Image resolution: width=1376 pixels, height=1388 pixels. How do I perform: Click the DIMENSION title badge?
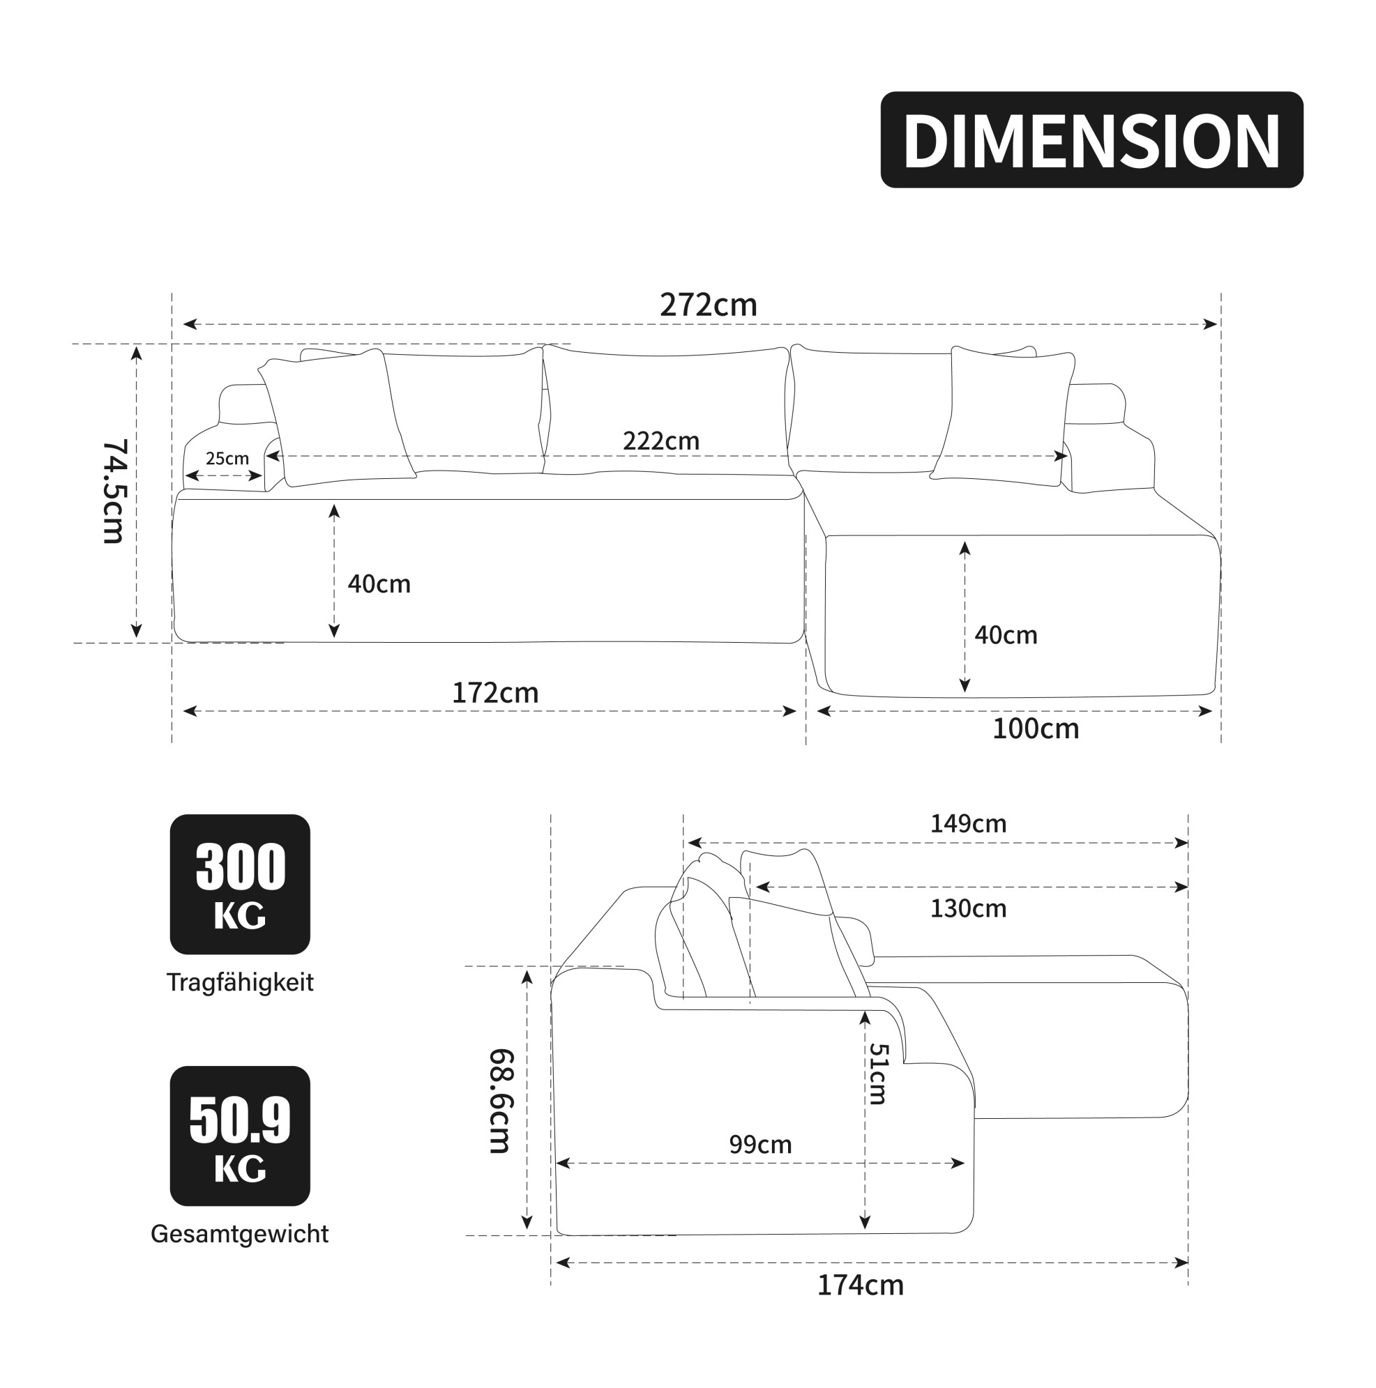(x=1091, y=139)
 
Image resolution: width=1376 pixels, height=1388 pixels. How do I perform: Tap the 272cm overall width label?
(x=709, y=305)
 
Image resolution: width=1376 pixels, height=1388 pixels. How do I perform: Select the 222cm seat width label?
(x=661, y=441)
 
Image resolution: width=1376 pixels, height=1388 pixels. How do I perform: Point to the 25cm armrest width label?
(x=227, y=458)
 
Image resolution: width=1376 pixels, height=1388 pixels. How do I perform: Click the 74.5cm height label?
(x=114, y=491)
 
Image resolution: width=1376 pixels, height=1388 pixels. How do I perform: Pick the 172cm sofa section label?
(x=495, y=692)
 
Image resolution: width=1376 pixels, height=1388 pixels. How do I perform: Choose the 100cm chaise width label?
(x=1036, y=729)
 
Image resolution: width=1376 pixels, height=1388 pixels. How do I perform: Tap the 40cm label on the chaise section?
(x=1006, y=635)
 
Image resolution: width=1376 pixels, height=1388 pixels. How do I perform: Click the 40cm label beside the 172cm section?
(x=379, y=584)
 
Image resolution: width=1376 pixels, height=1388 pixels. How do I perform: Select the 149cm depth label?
(x=968, y=823)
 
